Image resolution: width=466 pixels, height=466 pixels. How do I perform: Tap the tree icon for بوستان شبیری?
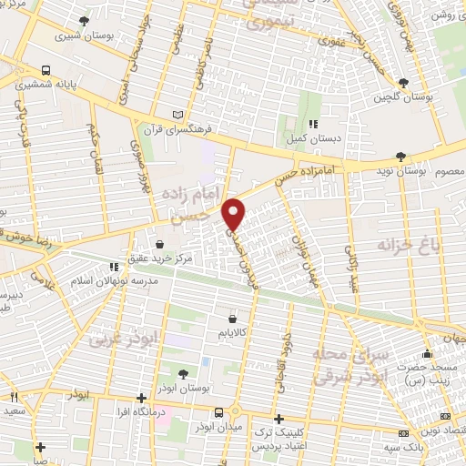tap(84, 21)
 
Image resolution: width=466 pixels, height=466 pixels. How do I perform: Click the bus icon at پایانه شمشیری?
tap(46, 70)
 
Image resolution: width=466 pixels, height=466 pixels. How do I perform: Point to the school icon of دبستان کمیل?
tap(313, 125)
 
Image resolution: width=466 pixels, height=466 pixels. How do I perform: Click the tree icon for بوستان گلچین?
tap(418, 83)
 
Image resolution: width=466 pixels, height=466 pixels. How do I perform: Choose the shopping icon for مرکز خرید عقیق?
tap(159, 244)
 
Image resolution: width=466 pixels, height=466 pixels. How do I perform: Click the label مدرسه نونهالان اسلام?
tap(113, 281)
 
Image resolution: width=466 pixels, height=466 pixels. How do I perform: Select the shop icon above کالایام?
tap(233, 319)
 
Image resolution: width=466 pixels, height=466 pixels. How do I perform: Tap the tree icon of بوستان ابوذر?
tap(184, 373)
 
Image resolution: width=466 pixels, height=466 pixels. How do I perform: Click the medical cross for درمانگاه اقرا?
tap(141, 397)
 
